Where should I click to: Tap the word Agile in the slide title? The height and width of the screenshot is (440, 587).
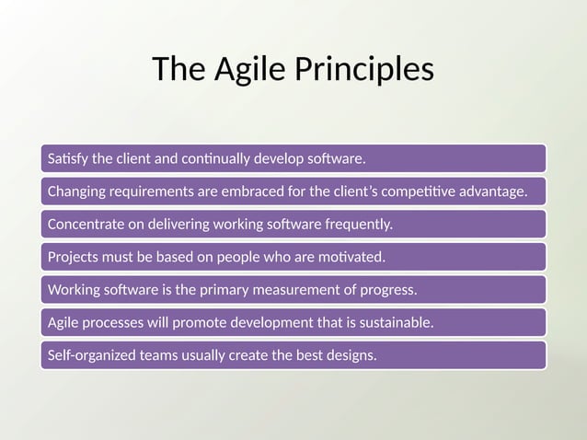[x=245, y=70]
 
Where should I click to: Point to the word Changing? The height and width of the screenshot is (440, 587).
[x=76, y=191]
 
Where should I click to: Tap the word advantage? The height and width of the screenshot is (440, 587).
[x=494, y=191]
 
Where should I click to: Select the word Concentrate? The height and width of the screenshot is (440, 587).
[x=84, y=224]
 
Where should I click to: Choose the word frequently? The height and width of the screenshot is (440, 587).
[x=357, y=224]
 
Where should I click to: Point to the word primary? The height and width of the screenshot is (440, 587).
[x=245, y=290]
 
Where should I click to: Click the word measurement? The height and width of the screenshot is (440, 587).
[x=317, y=290]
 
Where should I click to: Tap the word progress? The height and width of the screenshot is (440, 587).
[x=393, y=290]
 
